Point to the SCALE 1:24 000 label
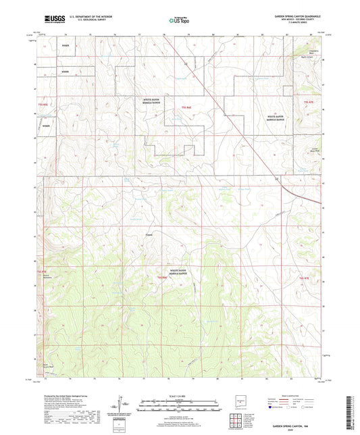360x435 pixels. coord(179,396)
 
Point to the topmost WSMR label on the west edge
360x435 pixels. coord(66,45)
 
